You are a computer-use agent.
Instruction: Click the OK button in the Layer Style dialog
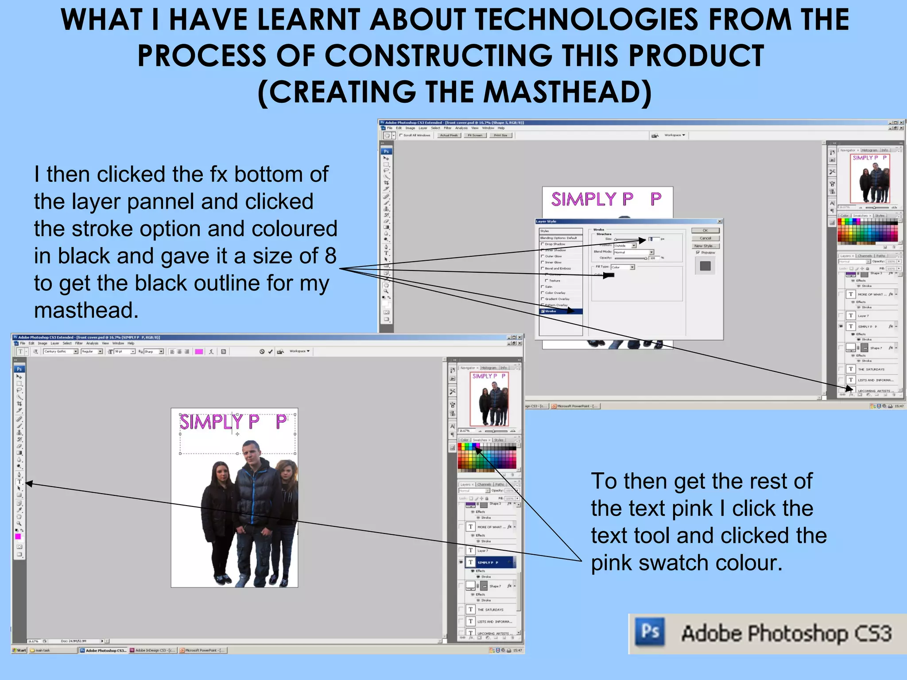point(705,231)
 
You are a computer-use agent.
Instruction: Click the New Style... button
point(705,246)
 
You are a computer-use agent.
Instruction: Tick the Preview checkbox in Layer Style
point(698,253)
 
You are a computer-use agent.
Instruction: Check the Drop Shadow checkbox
point(543,244)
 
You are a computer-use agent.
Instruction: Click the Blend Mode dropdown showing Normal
point(633,252)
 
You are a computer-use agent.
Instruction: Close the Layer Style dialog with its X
point(720,221)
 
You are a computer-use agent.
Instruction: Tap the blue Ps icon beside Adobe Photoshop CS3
point(650,632)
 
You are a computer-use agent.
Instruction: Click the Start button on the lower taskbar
point(20,650)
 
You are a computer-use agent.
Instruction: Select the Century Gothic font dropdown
point(61,352)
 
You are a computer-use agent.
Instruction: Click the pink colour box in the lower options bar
point(199,352)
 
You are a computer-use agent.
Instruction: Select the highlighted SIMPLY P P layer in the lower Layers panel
point(492,563)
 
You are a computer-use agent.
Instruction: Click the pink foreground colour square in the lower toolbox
point(18,536)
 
